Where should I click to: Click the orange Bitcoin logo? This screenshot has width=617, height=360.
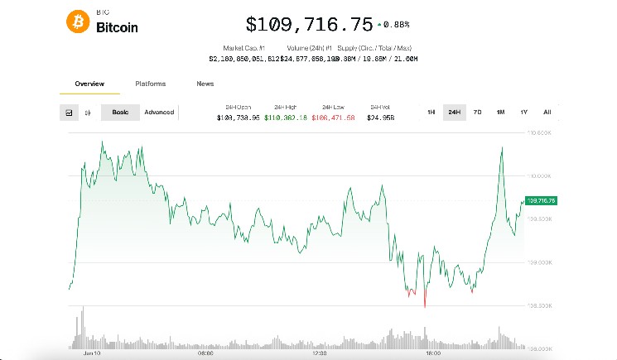point(78,23)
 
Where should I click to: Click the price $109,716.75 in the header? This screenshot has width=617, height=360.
point(309,24)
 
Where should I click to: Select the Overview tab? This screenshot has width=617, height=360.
point(89,84)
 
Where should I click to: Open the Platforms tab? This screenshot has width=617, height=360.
point(150,84)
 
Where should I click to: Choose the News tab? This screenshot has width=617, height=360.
point(205,84)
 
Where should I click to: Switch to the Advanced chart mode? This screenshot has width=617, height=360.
point(159,113)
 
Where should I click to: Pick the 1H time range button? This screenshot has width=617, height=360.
point(431,113)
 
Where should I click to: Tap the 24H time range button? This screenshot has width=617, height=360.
point(454,113)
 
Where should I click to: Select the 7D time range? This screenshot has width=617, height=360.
point(477,113)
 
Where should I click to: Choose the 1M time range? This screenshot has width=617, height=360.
point(500,113)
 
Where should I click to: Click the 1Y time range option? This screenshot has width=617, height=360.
point(523,113)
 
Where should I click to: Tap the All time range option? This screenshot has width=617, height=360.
point(547,113)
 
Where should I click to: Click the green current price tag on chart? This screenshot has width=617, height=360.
point(541,200)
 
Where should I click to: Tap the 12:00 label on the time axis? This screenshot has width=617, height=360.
point(319,353)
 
